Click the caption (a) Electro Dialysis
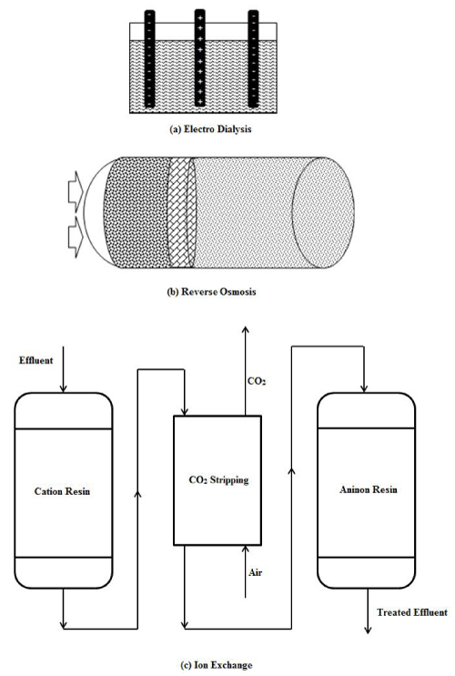tap(211, 129)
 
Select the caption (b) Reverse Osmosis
tap(211, 291)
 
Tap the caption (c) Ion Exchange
tap(216, 665)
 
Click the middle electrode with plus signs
tap(199, 57)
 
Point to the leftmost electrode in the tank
tap(149, 58)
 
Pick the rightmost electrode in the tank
tap(253, 58)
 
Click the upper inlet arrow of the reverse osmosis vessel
tap(75, 191)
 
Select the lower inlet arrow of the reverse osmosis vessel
tap(75, 237)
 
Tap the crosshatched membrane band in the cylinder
tap(181, 213)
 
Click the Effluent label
tap(35, 360)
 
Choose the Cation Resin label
tap(62, 491)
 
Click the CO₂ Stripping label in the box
tap(218, 479)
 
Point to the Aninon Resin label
tap(368, 489)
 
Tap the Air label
tap(255, 572)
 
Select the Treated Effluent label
tap(412, 612)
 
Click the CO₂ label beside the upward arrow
tap(257, 381)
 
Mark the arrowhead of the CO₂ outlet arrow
tap(246, 329)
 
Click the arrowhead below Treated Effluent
tap(368, 631)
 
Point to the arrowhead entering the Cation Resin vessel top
tap(63, 388)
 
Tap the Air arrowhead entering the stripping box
tap(246, 549)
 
